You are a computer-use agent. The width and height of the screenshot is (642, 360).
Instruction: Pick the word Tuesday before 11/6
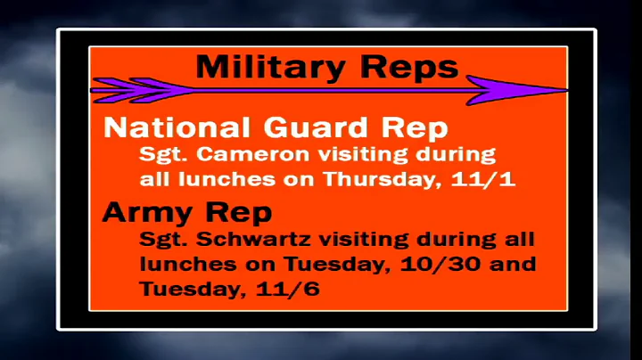[x=177, y=290]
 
